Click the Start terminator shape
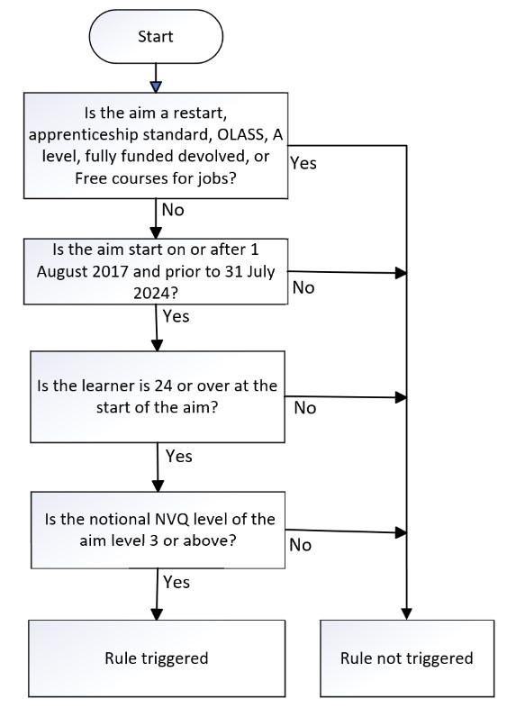(156, 37)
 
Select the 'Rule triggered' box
(157, 658)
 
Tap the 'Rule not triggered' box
(407, 658)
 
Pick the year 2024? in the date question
(156, 294)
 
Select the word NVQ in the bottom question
(172, 519)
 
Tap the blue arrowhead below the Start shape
(156, 87)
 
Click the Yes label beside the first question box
(303, 163)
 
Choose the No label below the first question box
(173, 210)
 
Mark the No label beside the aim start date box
(303, 287)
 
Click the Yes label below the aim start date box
(177, 316)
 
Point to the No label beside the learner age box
(305, 408)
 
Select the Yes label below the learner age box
(179, 456)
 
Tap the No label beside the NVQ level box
(300, 545)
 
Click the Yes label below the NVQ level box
(177, 582)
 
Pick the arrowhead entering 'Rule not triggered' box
(407, 614)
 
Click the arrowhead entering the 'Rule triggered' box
(157, 614)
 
